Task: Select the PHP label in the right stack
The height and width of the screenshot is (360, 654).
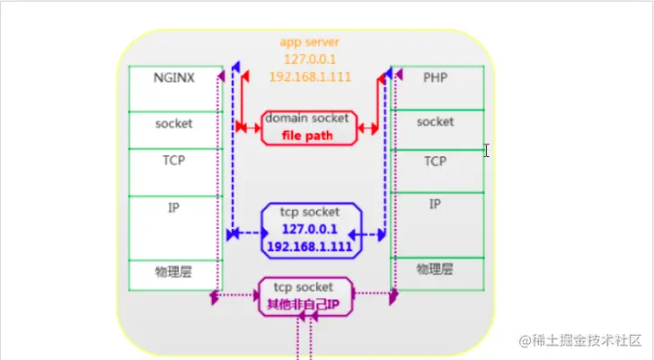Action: [435, 78]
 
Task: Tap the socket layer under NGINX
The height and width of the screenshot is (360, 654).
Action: [173, 123]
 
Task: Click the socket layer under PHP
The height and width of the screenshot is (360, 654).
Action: [435, 121]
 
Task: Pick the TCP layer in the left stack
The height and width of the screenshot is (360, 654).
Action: [173, 161]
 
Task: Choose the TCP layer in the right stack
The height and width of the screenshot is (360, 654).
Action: [435, 162]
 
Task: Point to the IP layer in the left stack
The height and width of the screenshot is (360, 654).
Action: [173, 207]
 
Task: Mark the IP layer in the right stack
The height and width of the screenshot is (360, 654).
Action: [435, 205]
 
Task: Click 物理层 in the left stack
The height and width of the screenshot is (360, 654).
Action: [173, 271]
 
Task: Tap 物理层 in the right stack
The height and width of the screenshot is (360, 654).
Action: [435, 269]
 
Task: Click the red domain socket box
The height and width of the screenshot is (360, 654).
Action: [309, 127]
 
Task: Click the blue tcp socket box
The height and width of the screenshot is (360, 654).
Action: [311, 229]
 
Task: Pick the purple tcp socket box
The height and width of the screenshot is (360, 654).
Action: [305, 295]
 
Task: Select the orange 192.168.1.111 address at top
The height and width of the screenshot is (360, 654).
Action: [308, 76]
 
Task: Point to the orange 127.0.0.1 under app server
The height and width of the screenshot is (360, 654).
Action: [308, 59]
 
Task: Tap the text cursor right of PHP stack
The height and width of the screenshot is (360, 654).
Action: [486, 151]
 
